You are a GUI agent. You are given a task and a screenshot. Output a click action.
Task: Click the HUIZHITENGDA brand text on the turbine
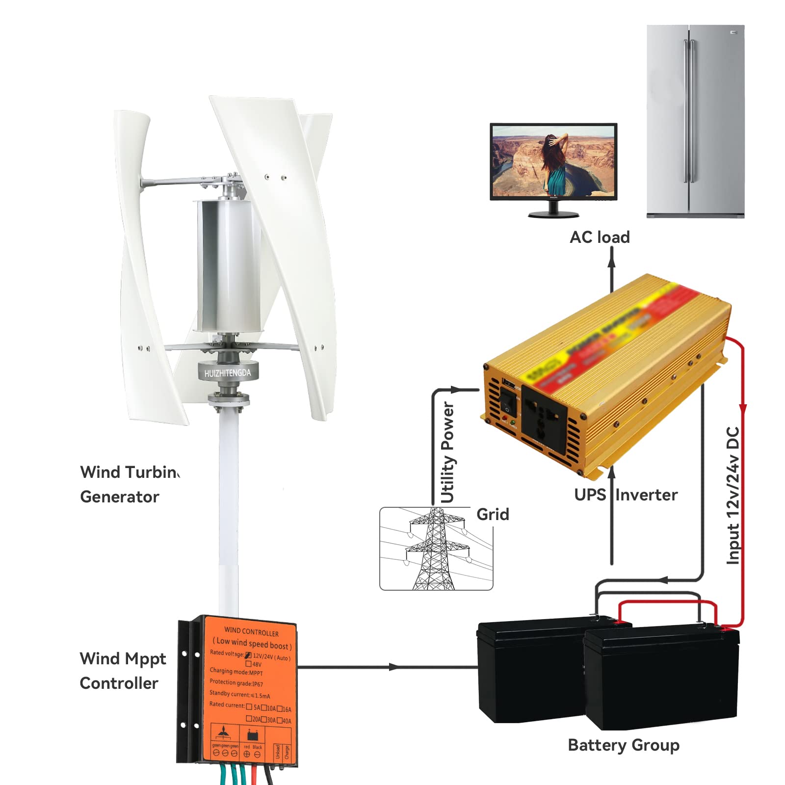[x=228, y=373]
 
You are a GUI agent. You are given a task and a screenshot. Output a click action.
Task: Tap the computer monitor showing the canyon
[x=553, y=162]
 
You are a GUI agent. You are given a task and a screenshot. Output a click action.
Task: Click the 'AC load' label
[x=600, y=237]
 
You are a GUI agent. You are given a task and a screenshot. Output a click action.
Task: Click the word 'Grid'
[x=493, y=515]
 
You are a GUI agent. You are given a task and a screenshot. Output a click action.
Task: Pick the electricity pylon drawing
[x=435, y=549]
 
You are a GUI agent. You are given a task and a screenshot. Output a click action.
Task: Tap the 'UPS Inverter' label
[x=626, y=495]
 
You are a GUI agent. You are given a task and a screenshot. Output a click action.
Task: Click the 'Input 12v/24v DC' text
[x=733, y=496]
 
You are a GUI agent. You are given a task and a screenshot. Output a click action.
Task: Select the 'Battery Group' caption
[x=624, y=745]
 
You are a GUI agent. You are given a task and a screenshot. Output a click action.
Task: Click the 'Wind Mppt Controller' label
[x=123, y=671]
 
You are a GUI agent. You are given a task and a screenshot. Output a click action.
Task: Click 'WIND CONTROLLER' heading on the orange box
[x=251, y=631]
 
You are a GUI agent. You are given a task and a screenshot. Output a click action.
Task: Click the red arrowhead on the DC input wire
[x=743, y=409]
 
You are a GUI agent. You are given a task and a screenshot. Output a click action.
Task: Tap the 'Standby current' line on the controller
[x=240, y=694]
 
